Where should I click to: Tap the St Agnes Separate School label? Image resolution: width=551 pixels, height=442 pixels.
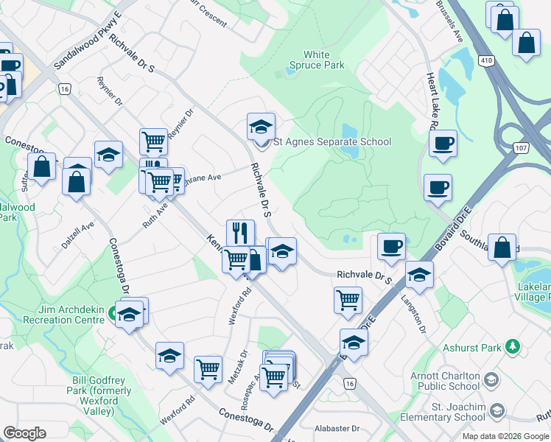[x=332, y=141]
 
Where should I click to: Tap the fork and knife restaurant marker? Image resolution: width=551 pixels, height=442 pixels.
[x=240, y=234]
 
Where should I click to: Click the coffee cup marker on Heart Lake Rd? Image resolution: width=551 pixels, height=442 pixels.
[x=443, y=144]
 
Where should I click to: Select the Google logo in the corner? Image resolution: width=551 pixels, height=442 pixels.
[x=25, y=433]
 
